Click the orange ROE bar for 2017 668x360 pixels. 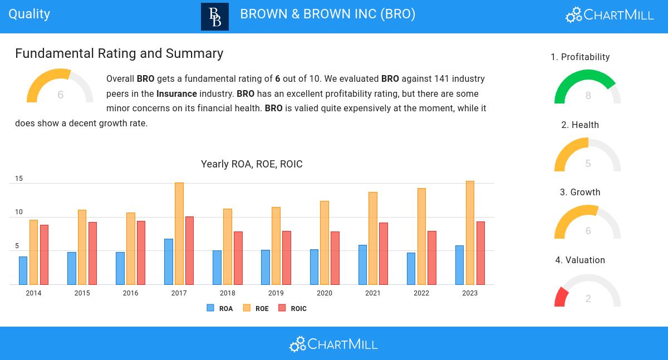[x=179, y=234]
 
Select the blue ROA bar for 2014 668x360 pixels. [x=23, y=270]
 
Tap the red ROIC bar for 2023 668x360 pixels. [x=480, y=253]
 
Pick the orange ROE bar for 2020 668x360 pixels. [x=325, y=243]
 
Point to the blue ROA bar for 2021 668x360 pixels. [x=362, y=265]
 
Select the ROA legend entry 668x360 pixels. [x=220, y=308]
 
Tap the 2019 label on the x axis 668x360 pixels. [x=276, y=293]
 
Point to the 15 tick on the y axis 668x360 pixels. [x=19, y=179]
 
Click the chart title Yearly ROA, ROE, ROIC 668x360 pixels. [x=252, y=164]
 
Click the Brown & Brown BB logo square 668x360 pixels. [x=215, y=17]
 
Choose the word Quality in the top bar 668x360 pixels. [x=30, y=14]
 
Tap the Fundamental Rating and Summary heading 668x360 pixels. [x=119, y=53]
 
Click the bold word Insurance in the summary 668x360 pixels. [x=176, y=93]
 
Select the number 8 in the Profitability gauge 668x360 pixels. [x=588, y=96]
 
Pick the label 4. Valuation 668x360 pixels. [x=580, y=260]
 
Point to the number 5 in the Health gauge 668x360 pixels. [x=588, y=164]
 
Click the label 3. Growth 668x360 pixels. [x=580, y=192]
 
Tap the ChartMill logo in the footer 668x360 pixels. [x=333, y=344]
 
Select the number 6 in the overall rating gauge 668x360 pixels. [x=60, y=95]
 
